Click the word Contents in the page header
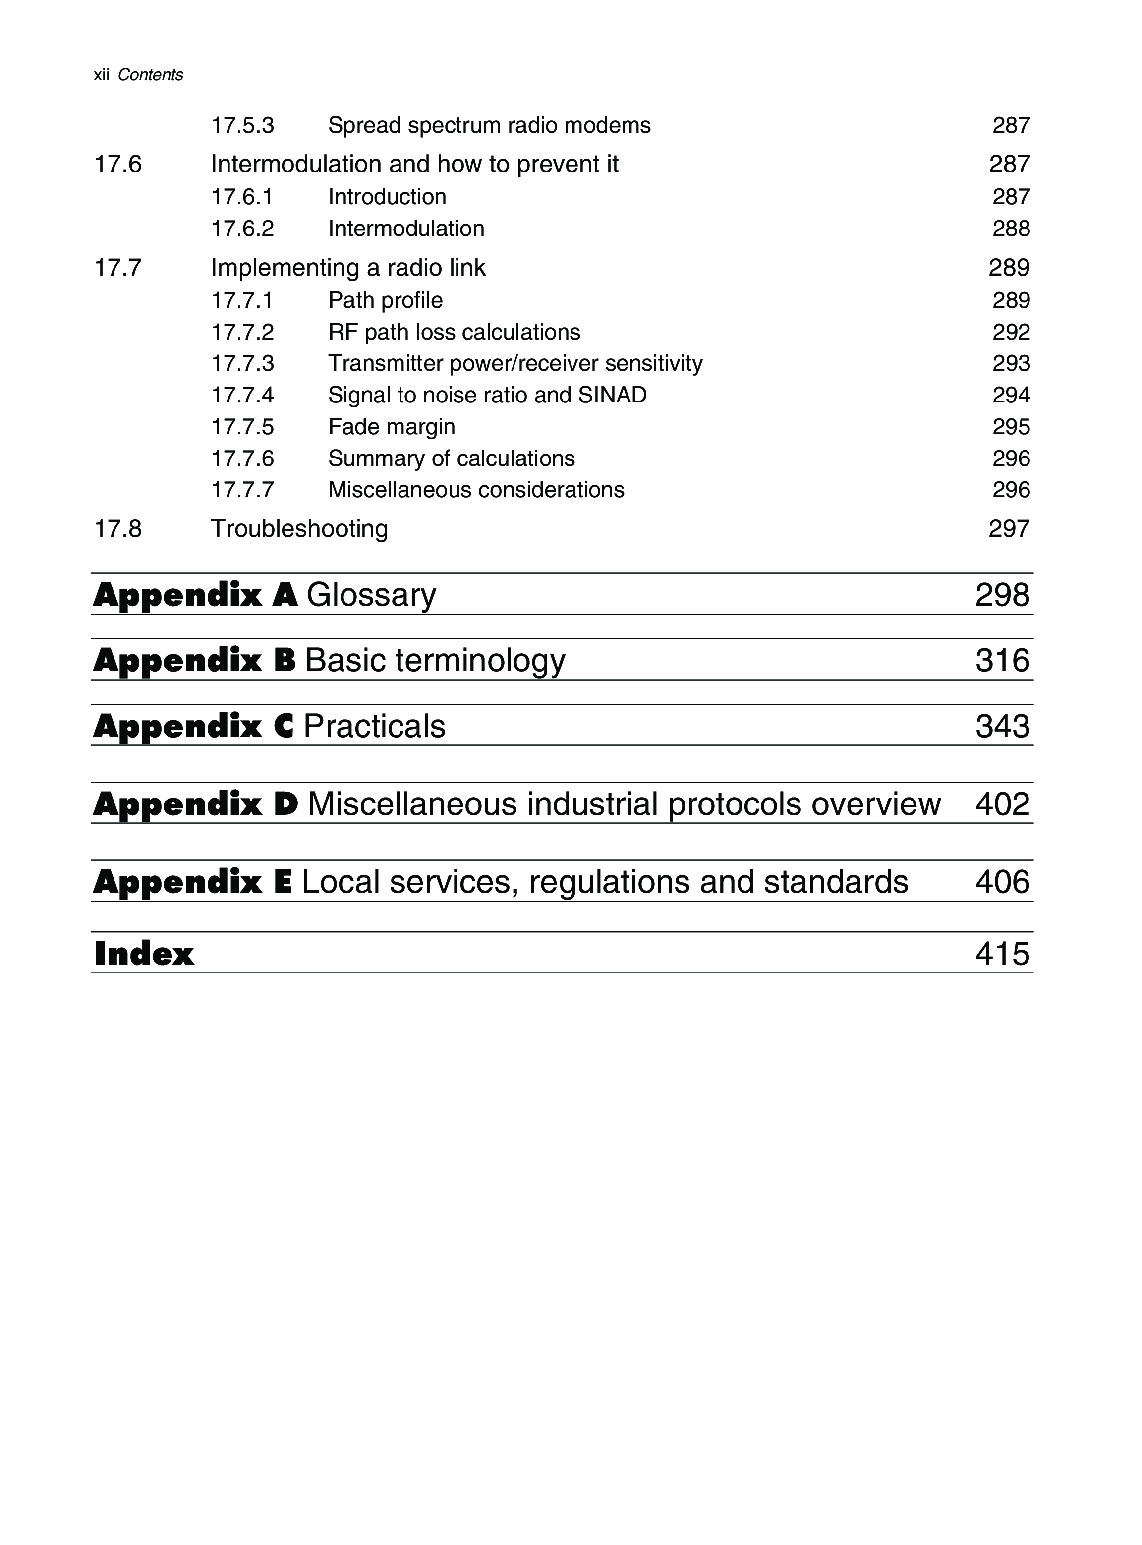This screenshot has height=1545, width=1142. tap(150, 75)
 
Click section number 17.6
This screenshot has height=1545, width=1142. tap(117, 164)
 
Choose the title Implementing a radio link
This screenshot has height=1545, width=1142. tap(348, 268)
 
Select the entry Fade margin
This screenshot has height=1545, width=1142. tap(391, 426)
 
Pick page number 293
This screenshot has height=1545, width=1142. tap(1011, 363)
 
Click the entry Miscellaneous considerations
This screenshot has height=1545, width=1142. tap(476, 489)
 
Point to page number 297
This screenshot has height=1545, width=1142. tap(1009, 529)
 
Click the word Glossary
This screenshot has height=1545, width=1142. tap(371, 595)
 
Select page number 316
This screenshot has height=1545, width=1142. tap(1002, 660)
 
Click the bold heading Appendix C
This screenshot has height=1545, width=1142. tap(194, 726)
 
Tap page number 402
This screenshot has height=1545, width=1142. tap(1002, 804)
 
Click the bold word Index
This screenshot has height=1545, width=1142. tap(144, 954)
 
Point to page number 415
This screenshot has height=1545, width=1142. tap(1002, 954)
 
